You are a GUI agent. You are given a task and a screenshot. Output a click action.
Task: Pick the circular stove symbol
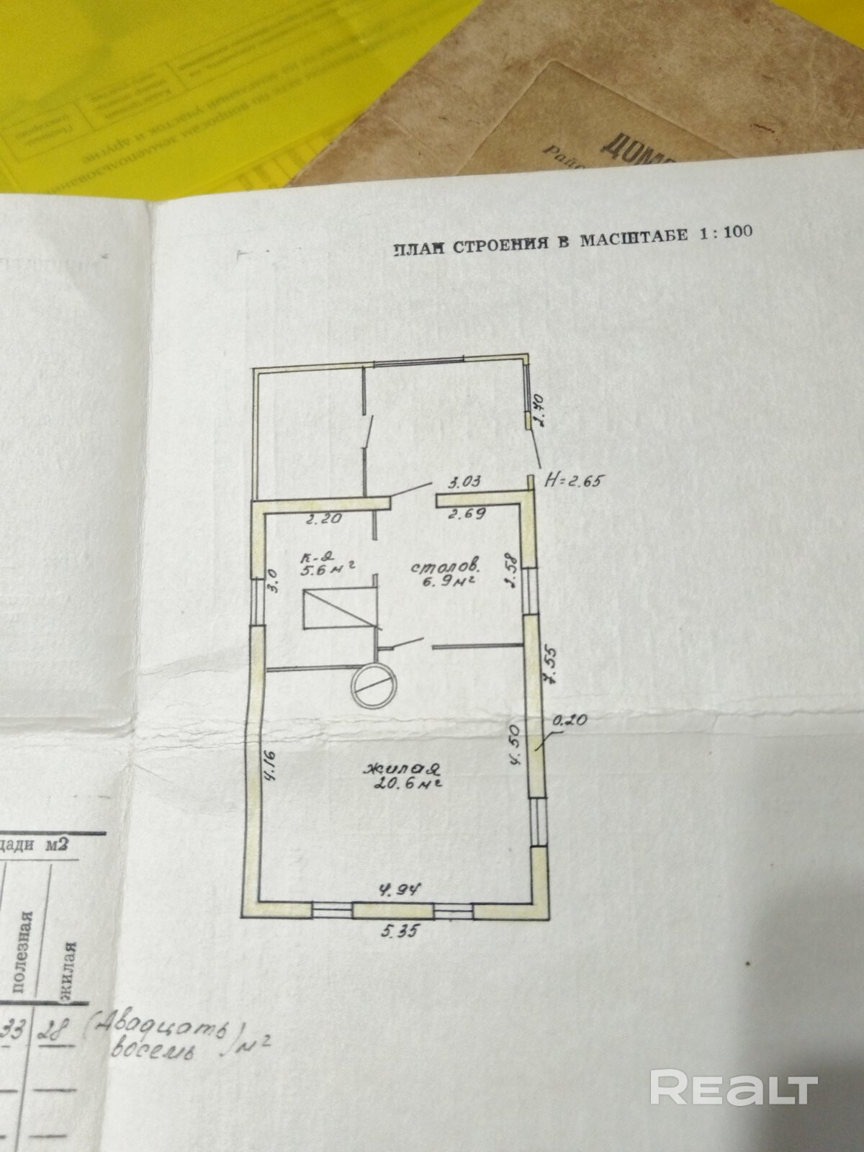(372, 685)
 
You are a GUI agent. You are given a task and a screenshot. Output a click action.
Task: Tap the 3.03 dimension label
(464, 480)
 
